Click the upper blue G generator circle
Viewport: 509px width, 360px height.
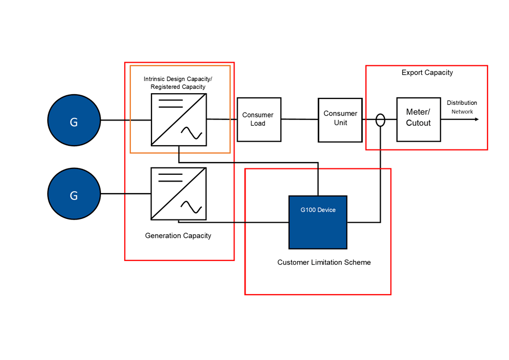click(x=74, y=121)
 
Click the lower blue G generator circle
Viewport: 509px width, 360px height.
click(x=74, y=195)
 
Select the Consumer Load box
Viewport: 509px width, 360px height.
click(x=259, y=119)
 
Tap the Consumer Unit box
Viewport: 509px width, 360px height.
click(x=340, y=120)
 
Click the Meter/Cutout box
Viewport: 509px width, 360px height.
click(x=419, y=119)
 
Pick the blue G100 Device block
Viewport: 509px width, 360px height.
click(x=318, y=222)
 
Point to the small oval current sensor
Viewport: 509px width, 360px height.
click(x=380, y=120)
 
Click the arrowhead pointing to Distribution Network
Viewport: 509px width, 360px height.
click(x=476, y=119)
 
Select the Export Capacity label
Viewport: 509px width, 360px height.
click(x=427, y=73)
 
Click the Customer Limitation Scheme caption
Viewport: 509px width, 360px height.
click(x=324, y=262)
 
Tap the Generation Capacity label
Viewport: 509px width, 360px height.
click(x=178, y=236)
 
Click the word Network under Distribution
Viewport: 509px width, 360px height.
click(x=462, y=112)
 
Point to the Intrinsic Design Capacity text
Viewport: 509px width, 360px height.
click(x=178, y=79)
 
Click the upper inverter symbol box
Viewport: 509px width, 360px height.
click(x=179, y=119)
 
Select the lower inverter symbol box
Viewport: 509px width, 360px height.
click(x=179, y=194)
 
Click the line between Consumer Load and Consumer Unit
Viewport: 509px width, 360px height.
click(x=300, y=119)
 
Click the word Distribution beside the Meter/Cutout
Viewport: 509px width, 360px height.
click(x=462, y=103)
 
